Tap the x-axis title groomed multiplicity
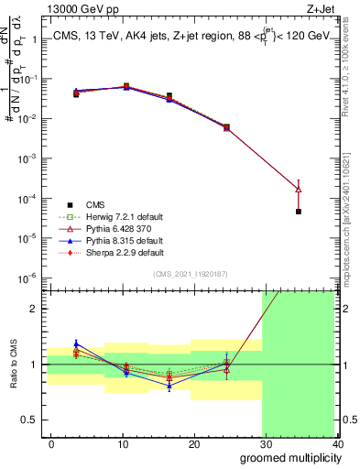click(287, 457)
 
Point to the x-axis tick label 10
click(123, 443)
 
